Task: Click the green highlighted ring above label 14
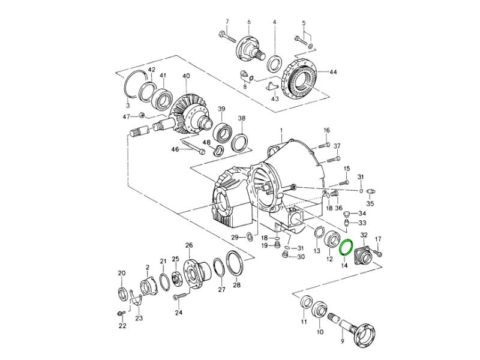pos(346,247)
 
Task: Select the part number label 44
pos(333,72)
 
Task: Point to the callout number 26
pos(188,245)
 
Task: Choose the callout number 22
pos(122,326)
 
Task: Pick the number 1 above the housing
pos(280,130)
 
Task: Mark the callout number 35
pos(370,204)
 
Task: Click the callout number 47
pos(127,116)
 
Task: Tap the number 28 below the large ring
pos(236,285)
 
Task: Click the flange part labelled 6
pos(248,46)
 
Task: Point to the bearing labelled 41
pos(163,98)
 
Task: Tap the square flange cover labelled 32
pos(364,254)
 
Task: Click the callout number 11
pos(304,322)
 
